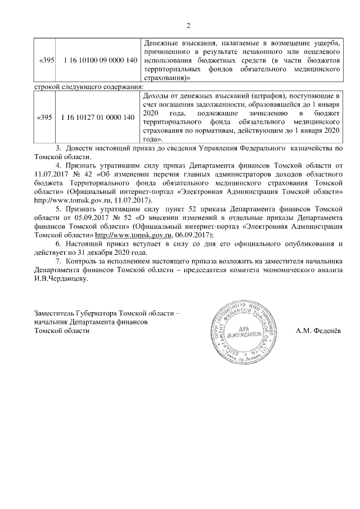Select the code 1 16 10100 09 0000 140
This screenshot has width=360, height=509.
click(x=100, y=60)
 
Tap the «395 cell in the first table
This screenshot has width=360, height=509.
click(x=45, y=60)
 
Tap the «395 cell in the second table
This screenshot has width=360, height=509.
click(x=44, y=118)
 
